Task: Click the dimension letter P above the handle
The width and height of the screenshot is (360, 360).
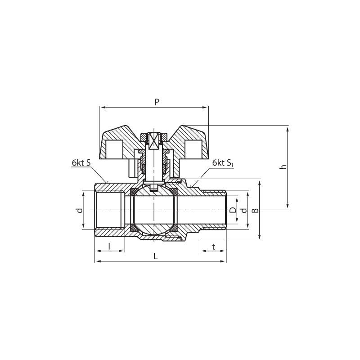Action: click(157, 102)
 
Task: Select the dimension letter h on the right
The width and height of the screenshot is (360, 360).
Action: click(284, 166)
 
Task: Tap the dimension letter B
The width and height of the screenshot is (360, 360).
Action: click(255, 210)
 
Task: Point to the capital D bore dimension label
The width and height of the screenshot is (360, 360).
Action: click(233, 210)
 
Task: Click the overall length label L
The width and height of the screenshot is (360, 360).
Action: click(156, 256)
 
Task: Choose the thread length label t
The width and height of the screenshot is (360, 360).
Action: click(213, 247)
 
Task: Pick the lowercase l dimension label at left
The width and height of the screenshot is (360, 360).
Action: click(109, 246)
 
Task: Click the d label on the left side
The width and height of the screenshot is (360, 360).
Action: click(80, 210)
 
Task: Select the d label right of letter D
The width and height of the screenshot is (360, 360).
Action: click(244, 210)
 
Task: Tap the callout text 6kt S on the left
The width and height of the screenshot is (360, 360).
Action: click(81, 162)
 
